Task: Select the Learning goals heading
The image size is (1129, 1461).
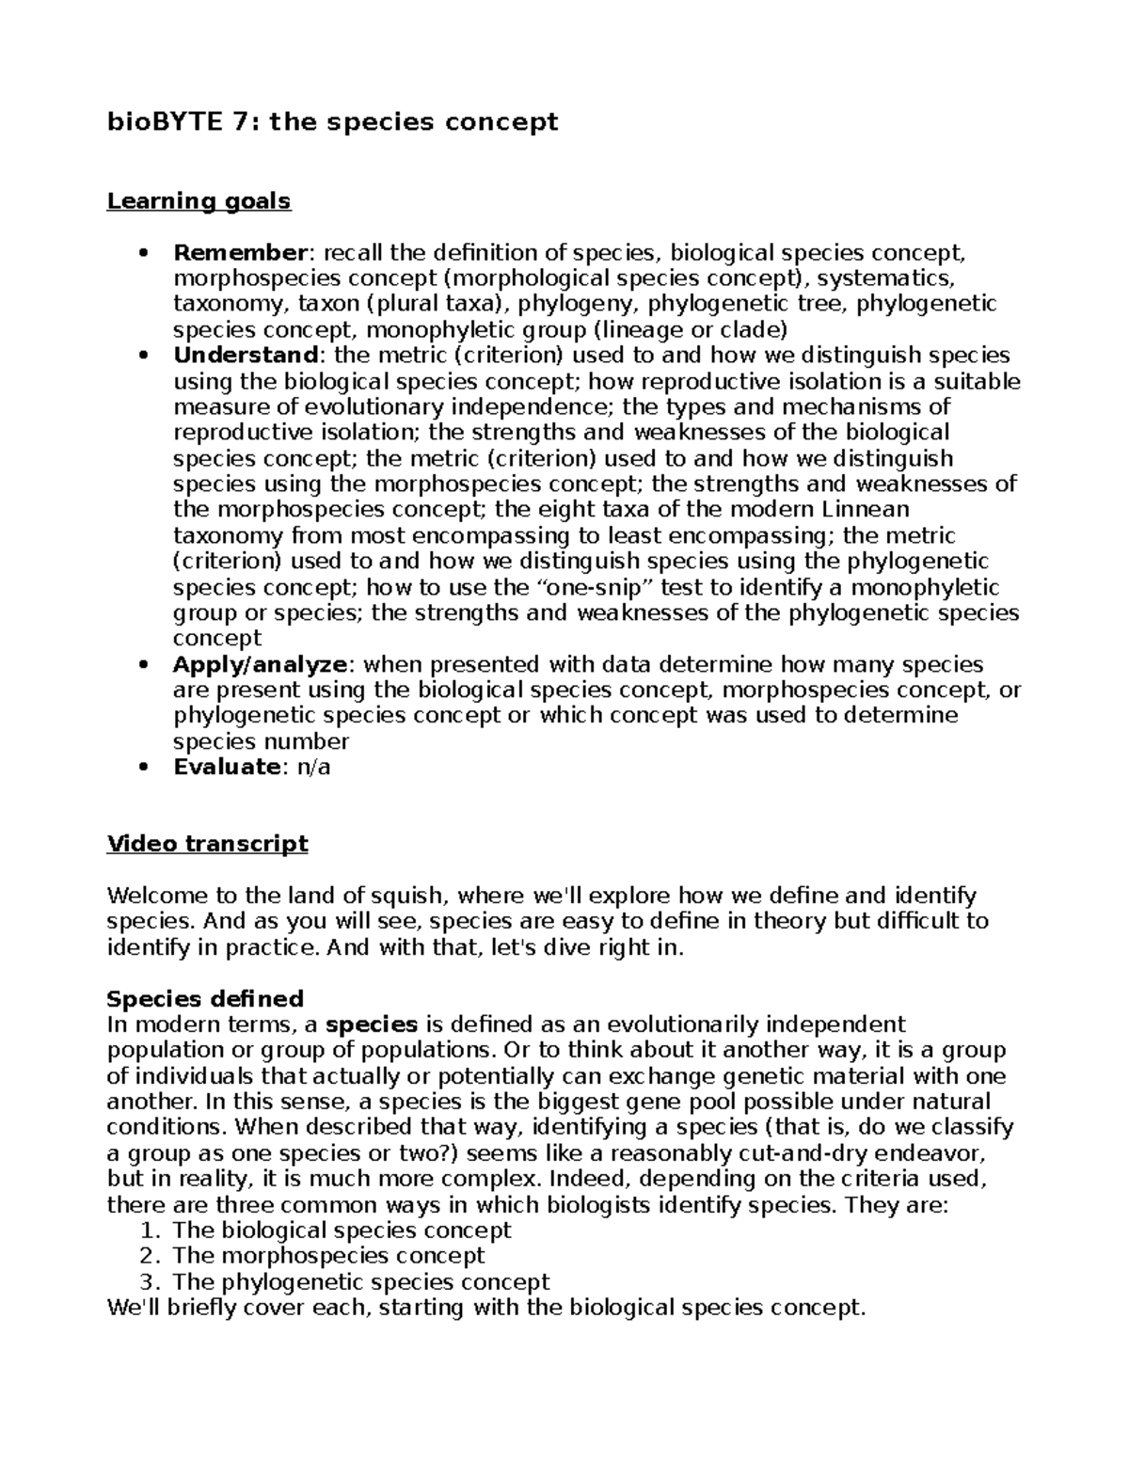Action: click(199, 201)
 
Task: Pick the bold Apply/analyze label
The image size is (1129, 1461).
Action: click(261, 664)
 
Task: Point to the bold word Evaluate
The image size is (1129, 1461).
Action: click(227, 767)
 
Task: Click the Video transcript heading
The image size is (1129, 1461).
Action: click(207, 844)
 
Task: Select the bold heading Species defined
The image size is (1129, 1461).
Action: click(205, 998)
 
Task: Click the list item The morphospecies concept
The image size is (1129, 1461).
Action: click(328, 1256)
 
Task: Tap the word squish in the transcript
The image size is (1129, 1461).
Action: click(403, 895)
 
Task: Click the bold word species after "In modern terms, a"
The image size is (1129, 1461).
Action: click(371, 1024)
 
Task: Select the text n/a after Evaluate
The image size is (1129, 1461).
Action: click(313, 767)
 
